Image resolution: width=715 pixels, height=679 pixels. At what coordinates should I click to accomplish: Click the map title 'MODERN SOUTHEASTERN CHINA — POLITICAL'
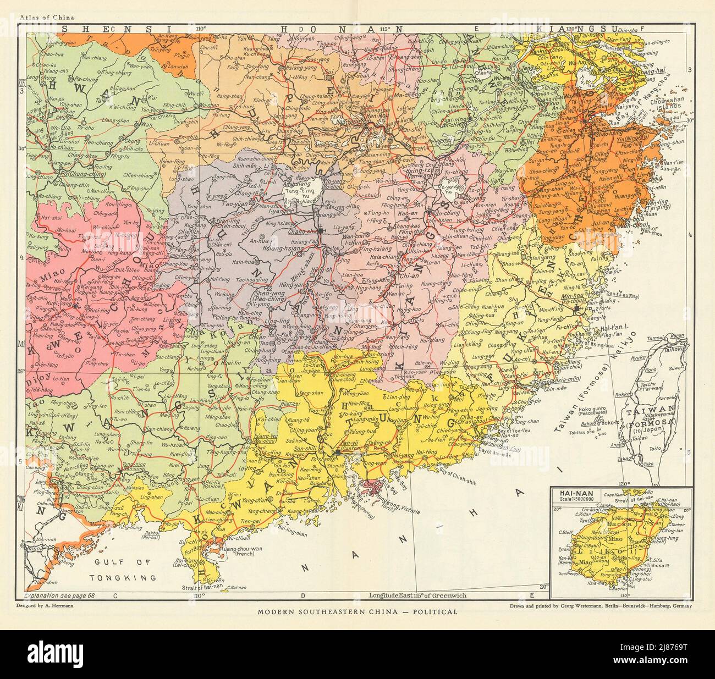point(358,611)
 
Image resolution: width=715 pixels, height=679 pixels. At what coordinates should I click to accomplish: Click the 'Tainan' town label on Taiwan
point(636,448)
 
